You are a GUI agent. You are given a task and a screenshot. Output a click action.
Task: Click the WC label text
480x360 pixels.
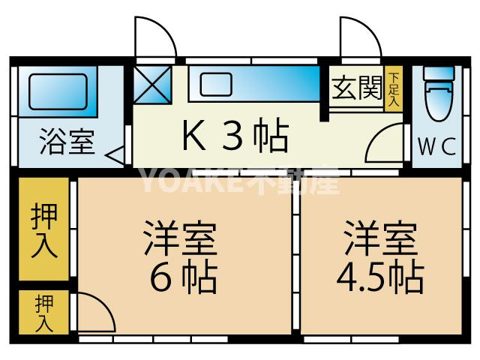[x=437, y=147]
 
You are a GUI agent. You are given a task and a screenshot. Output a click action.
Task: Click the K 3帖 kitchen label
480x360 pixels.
[x=232, y=136]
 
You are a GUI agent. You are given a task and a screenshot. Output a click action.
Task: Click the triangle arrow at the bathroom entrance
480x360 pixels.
[x=116, y=156]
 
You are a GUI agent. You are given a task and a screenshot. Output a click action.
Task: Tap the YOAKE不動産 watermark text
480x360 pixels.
[x=240, y=181]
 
